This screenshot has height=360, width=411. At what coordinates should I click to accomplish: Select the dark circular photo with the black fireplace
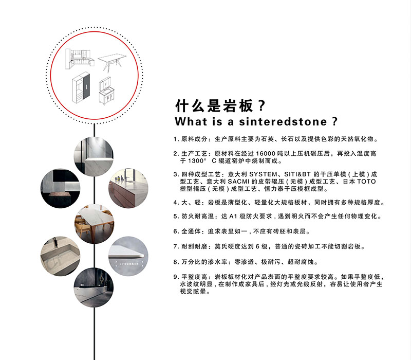click(x=60, y=188)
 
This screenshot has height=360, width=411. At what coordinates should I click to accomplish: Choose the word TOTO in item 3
click(x=367, y=182)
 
